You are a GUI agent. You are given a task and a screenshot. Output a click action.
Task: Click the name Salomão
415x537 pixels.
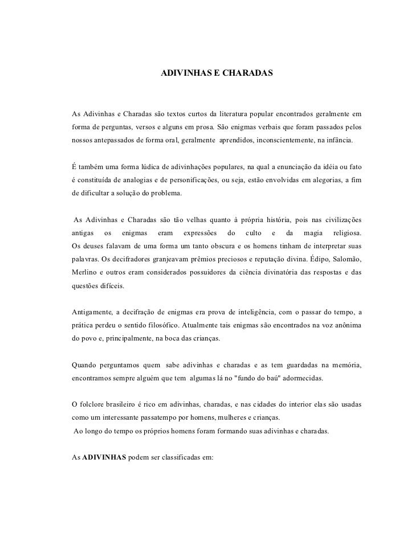[349, 259]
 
